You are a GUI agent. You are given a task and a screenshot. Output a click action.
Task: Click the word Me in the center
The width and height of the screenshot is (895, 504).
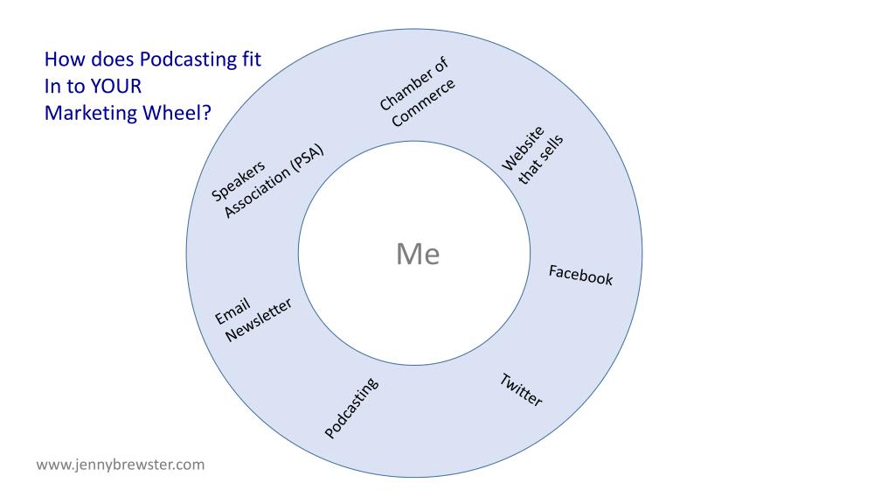point(418,254)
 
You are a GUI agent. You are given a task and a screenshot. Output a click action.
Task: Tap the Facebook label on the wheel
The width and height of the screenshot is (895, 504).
point(580,275)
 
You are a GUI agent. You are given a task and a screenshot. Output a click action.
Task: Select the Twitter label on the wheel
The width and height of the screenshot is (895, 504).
point(521,389)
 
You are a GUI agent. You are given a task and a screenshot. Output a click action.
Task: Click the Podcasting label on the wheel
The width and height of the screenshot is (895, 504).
point(351,408)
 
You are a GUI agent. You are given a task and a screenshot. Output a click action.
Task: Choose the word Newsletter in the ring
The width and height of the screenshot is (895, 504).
point(259,319)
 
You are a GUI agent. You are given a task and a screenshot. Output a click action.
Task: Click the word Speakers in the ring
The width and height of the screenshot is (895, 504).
point(239,180)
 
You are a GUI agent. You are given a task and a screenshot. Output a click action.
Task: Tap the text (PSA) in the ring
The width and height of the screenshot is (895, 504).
point(305,161)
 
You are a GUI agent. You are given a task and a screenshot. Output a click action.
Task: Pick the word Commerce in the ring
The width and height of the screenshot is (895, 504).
point(424,103)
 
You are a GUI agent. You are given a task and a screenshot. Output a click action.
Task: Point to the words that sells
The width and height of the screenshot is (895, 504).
point(542,160)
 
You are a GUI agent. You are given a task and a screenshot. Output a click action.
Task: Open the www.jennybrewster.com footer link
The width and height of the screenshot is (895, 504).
point(121,465)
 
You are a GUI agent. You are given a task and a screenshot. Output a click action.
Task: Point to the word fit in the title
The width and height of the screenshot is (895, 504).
point(250,60)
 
